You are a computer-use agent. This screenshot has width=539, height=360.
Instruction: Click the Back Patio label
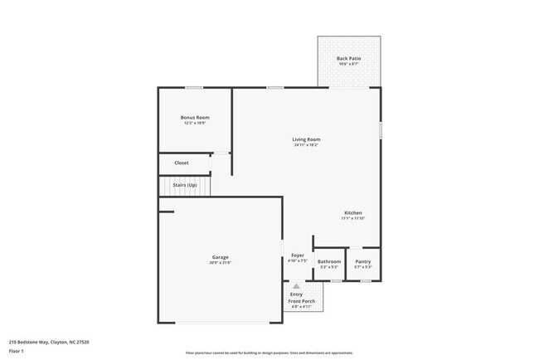348,58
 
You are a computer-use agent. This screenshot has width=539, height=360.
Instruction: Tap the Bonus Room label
195,118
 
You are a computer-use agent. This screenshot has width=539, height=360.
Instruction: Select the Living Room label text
306,139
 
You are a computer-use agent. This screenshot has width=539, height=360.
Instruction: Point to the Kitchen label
353,213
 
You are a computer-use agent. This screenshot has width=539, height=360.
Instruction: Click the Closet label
182,163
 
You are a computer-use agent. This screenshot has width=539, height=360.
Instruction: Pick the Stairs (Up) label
185,184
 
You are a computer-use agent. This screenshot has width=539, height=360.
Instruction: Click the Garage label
220,257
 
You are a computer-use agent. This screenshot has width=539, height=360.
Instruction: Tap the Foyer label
297,255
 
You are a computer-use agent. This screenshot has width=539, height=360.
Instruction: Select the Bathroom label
329,261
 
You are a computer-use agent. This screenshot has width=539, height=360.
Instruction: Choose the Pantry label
363,261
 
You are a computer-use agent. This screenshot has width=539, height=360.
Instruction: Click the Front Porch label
301,301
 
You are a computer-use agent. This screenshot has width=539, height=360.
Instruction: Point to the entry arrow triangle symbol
296,286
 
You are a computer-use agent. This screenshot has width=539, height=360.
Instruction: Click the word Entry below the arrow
296,294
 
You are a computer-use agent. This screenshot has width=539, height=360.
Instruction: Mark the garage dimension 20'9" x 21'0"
220,263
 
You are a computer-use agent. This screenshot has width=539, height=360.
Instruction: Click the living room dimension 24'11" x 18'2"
306,145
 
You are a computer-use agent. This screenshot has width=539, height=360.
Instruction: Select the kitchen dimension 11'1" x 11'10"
353,219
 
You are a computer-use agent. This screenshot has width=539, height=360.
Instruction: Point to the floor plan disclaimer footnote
269,353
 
